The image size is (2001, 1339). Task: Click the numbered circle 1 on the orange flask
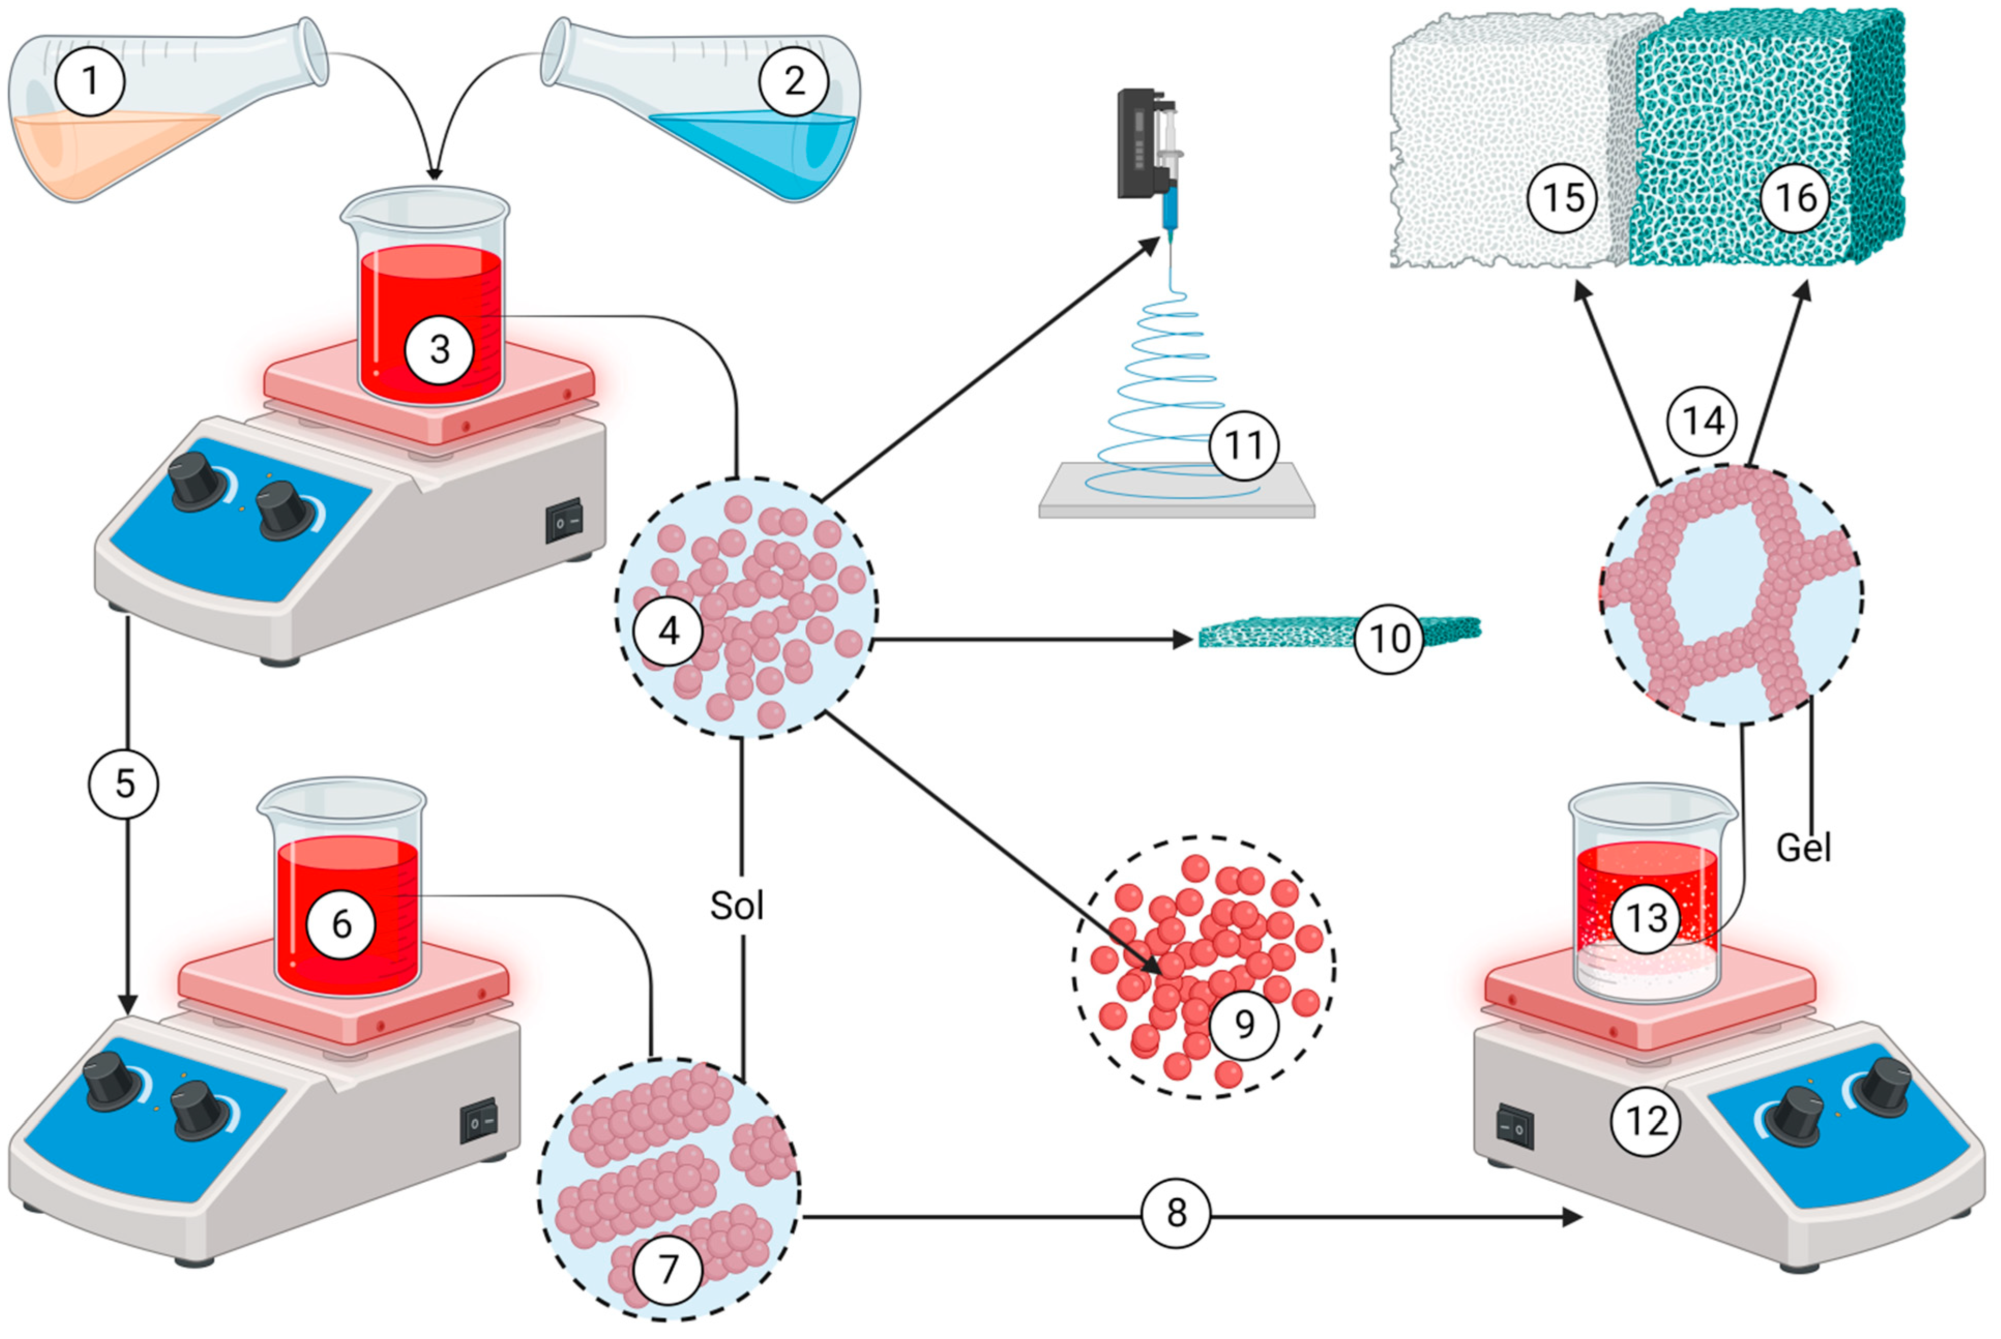tap(90, 81)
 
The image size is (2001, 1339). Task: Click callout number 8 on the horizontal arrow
tap(1176, 1213)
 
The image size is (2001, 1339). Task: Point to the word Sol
tap(736, 905)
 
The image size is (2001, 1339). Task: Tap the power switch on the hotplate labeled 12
tap(1514, 1128)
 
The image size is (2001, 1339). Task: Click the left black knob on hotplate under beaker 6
tap(111, 1080)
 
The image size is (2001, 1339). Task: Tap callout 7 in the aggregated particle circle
tap(668, 1270)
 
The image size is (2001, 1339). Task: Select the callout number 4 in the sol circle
tap(668, 631)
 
